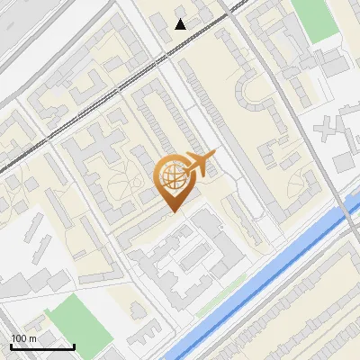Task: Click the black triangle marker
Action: point(181,24)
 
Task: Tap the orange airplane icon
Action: point(201,164)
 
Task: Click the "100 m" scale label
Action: point(23,338)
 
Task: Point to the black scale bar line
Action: point(42,346)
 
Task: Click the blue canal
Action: point(270,270)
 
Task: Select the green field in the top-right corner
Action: point(314,18)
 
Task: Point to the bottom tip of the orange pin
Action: point(171,211)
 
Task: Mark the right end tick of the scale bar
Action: point(74,346)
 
